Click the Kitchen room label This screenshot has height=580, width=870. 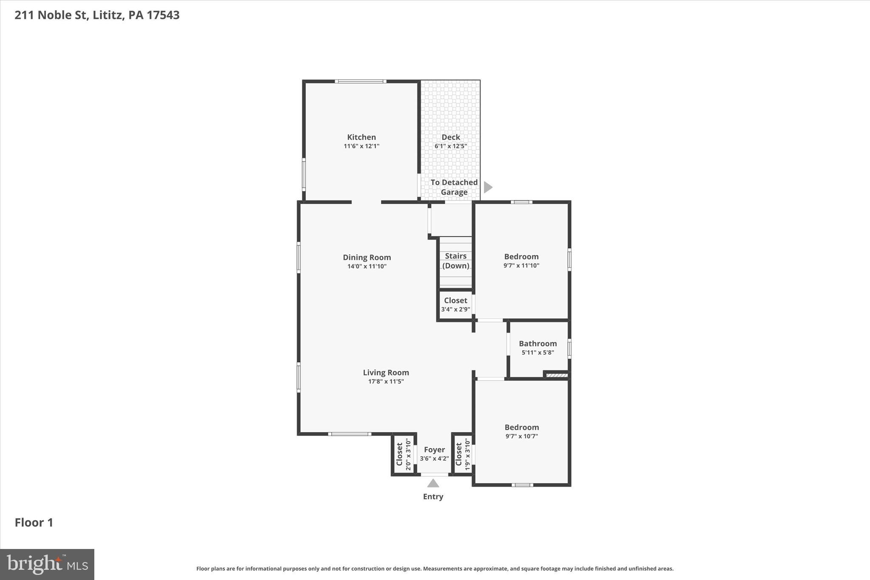[x=361, y=137]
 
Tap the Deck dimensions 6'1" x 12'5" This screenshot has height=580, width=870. [x=450, y=146]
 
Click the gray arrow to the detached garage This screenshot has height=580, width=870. [x=488, y=187]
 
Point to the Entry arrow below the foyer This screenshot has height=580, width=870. [x=433, y=483]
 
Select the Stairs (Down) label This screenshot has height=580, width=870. [x=455, y=260]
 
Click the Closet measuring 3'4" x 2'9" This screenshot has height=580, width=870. [x=455, y=305]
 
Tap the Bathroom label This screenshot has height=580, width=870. [x=537, y=343]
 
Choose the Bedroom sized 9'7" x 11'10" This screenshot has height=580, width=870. [x=521, y=260]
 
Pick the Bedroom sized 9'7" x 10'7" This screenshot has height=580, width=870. [x=521, y=431]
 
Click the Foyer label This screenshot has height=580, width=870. [x=434, y=450]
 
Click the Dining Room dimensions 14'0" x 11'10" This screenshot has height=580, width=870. [x=367, y=266]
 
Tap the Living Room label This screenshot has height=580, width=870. [x=386, y=373]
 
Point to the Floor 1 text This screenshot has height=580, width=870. [x=34, y=522]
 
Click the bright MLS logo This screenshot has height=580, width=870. [x=47, y=564]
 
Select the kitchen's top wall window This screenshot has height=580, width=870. [x=360, y=81]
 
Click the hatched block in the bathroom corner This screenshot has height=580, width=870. [x=556, y=375]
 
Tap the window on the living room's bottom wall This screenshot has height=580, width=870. [x=350, y=434]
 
